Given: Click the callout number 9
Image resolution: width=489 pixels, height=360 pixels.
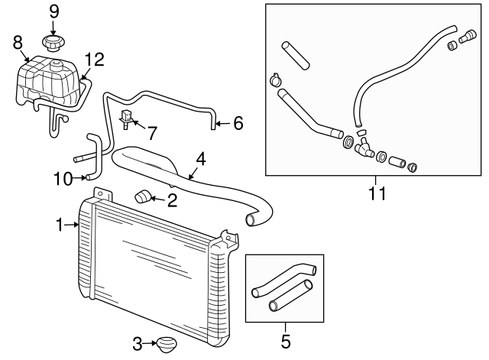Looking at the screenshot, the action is coord(53,12).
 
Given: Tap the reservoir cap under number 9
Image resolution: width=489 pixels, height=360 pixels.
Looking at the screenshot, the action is coord(53,43).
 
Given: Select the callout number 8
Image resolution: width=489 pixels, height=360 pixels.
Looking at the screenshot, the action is coord(18,43).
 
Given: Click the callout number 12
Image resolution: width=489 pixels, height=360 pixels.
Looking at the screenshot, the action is coord(94,60).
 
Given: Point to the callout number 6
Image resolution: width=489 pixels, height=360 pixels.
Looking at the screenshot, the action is coord(238,123).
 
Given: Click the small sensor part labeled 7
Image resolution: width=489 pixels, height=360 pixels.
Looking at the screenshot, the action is coord(126,119).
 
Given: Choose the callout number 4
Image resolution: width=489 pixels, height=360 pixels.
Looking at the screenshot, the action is coord(201,159).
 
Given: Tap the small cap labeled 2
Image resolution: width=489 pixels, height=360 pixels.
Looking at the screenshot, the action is coord(142,197).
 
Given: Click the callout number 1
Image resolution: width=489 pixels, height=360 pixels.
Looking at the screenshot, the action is coord(60,225).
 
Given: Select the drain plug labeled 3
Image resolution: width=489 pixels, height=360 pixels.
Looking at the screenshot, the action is coord(167,345).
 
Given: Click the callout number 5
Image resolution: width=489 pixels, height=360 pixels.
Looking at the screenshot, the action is coord(286,342).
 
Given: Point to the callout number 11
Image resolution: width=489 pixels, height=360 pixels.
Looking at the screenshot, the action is coord(377,193).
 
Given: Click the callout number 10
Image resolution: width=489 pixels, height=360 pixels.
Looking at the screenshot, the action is coord(63,179).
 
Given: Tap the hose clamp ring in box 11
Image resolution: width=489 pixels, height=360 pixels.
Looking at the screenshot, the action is coord(275,80).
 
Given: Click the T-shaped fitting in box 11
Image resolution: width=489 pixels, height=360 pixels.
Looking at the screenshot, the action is coord(364,148).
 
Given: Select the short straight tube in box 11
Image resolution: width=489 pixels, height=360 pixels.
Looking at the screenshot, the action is coord(296,56).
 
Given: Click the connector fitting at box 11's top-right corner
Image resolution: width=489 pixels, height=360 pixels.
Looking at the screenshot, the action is coord(468,37).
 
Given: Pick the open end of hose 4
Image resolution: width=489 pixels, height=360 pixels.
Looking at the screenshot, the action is coord(251,219).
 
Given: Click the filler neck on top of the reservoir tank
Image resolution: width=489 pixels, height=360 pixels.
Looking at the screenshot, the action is coord(57,66).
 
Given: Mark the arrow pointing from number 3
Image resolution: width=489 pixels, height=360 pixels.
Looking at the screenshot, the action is coord(150,343).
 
